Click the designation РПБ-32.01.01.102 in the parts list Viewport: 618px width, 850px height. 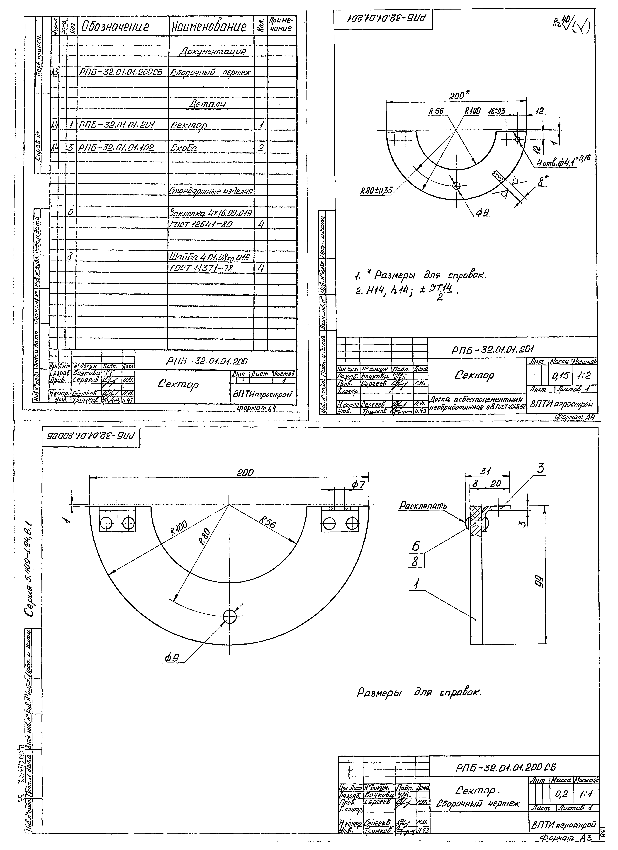[117, 148]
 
